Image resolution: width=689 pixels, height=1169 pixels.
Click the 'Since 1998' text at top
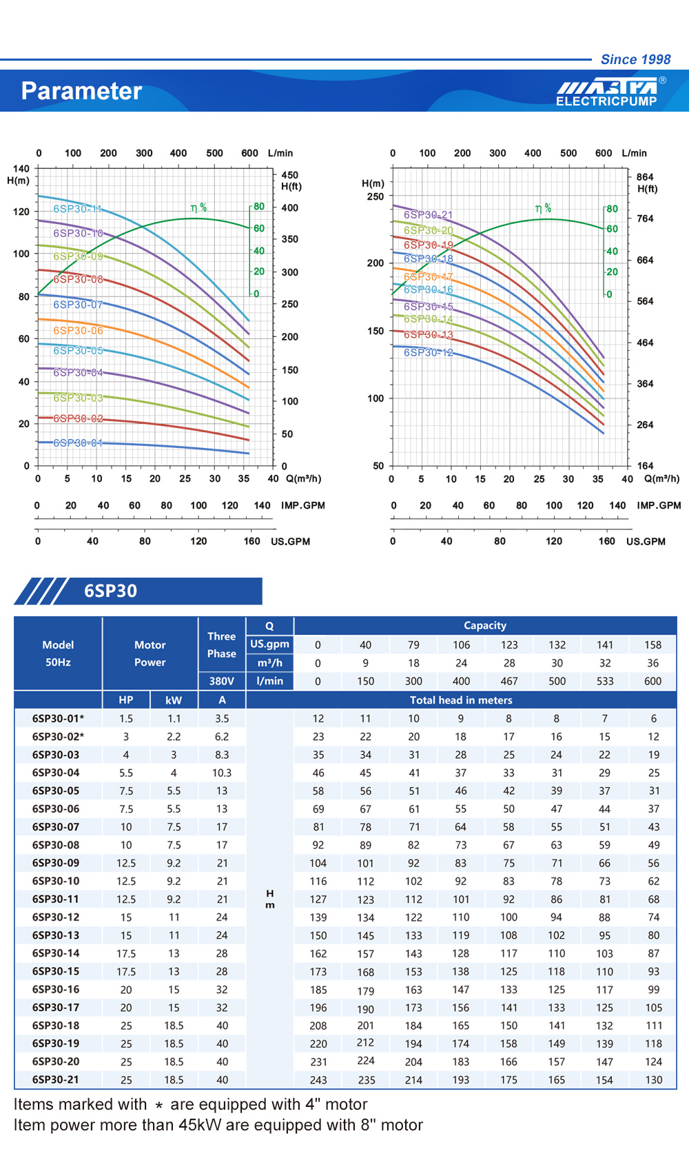pyautogui.click(x=635, y=59)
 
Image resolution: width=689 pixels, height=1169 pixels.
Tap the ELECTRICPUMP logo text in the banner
pyautogui.click(x=606, y=101)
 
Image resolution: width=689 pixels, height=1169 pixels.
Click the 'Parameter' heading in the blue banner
pyautogui.click(x=81, y=91)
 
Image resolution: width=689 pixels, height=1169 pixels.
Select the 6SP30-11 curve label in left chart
pyautogui.click(x=77, y=209)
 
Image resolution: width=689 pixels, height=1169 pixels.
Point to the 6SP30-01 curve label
pyautogui.click(x=78, y=443)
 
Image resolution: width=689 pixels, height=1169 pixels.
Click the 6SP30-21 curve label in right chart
pyautogui.click(x=428, y=215)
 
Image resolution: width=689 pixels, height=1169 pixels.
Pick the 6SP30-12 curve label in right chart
pyautogui.click(x=428, y=352)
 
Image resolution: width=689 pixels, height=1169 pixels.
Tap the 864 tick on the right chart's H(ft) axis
pyautogui.click(x=645, y=177)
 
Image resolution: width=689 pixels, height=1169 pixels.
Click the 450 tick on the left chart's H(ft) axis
pyautogui.click(x=289, y=175)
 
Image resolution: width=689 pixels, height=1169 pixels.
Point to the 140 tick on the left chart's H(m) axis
pyautogui.click(x=21, y=168)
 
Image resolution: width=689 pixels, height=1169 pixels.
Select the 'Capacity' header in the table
pyautogui.click(x=485, y=626)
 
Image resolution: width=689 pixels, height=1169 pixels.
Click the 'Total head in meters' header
pyautogui.click(x=461, y=700)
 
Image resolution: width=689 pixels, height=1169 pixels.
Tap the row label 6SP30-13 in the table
pyautogui.click(x=56, y=935)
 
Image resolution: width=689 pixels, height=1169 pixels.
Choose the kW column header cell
pyautogui.click(x=174, y=700)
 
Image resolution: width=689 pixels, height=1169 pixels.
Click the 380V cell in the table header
pyautogui.click(x=221, y=681)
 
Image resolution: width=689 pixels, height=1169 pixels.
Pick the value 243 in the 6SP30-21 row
pyautogui.click(x=318, y=1080)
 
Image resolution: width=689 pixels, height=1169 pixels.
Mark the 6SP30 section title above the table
pyautogui.click(x=110, y=591)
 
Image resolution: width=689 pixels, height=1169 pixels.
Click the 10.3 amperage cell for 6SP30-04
pyautogui.click(x=222, y=773)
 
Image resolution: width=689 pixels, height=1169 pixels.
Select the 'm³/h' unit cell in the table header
pyautogui.click(x=269, y=663)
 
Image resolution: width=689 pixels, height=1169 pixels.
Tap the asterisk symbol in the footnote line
pyautogui.click(x=159, y=1106)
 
